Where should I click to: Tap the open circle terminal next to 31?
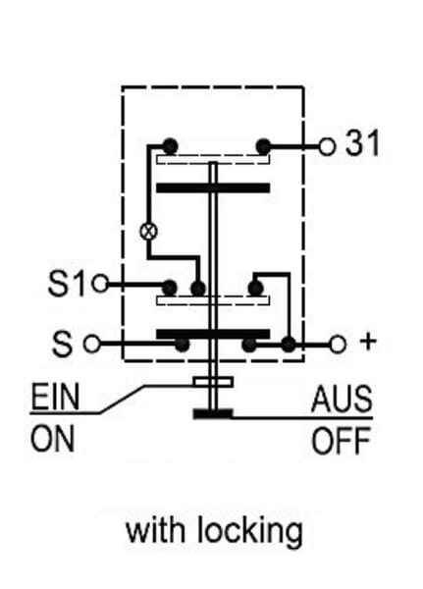pos(327,147)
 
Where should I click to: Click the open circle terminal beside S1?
pos(101,284)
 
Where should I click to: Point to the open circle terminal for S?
pos(92,344)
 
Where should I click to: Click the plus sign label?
pos(368,342)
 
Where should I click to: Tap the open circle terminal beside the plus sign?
pos(338,345)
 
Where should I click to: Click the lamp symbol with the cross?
pos(149,231)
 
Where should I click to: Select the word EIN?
pos(55,397)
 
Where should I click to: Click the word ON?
pos(53,439)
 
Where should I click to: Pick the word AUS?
pos(342,399)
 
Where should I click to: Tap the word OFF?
pos(341,441)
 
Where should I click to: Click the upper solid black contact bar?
pos(213,187)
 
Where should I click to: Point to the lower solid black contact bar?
pos(213,334)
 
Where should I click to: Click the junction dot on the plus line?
pos(289,345)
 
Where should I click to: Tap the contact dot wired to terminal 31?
pos(263,146)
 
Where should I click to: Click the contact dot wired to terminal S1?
pos(170,288)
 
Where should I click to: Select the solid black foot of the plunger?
pos(213,413)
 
